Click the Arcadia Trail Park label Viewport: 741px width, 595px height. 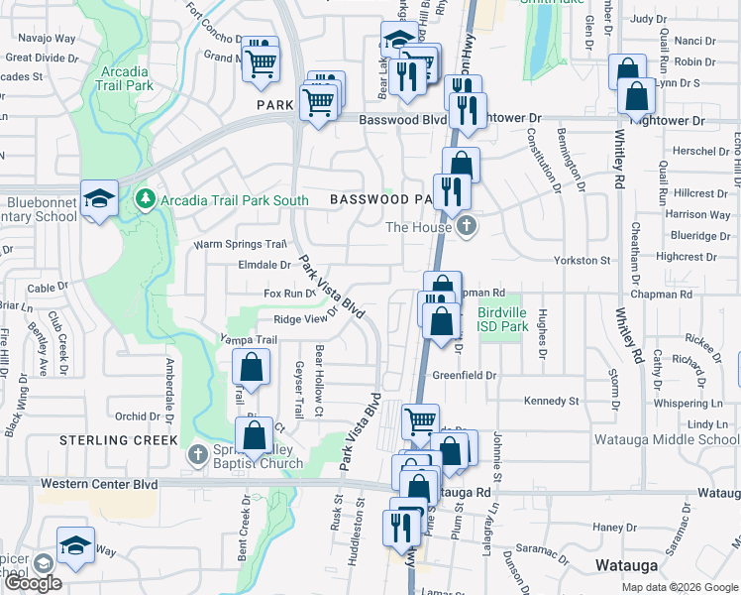click(x=126, y=78)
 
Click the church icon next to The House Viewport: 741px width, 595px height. click(x=467, y=227)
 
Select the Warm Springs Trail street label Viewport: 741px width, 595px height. click(x=240, y=244)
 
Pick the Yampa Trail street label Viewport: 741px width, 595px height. click(x=248, y=339)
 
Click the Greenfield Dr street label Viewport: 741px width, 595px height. click(x=464, y=376)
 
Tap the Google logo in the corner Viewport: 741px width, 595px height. click(x=34, y=582)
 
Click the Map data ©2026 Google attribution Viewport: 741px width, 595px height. click(x=679, y=587)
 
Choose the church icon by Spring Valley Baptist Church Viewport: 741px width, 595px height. click(x=197, y=455)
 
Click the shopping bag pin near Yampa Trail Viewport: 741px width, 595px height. click(x=253, y=368)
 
